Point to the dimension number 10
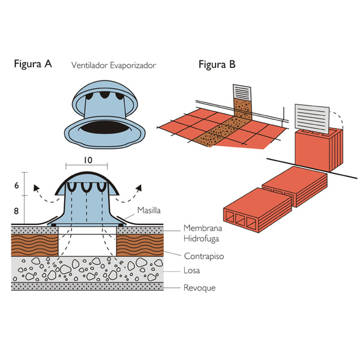click(x=88, y=160)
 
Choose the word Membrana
click(x=202, y=229)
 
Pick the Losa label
click(x=191, y=271)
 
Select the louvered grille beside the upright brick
click(x=312, y=118)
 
